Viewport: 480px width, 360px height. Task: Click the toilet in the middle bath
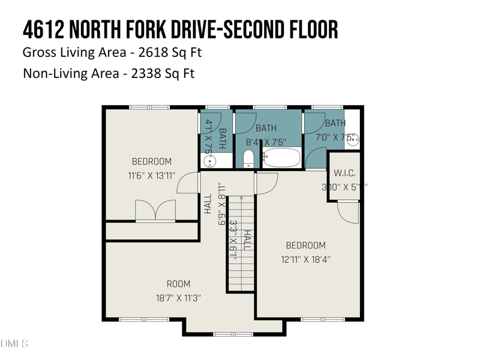click(249, 159)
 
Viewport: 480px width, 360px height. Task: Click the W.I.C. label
click(344, 173)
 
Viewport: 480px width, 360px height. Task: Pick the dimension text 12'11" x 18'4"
click(305, 260)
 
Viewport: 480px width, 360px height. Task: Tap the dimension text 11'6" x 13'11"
click(151, 176)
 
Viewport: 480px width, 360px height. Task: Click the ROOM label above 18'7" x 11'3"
click(178, 284)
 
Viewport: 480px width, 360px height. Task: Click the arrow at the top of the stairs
click(241, 197)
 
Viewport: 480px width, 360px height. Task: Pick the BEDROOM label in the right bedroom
click(305, 245)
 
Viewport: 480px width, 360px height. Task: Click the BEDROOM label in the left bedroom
click(151, 161)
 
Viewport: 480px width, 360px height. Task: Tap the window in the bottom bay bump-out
click(233, 334)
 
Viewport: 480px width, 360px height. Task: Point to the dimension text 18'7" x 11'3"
click(178, 298)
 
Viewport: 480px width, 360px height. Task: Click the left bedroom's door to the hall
click(188, 183)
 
